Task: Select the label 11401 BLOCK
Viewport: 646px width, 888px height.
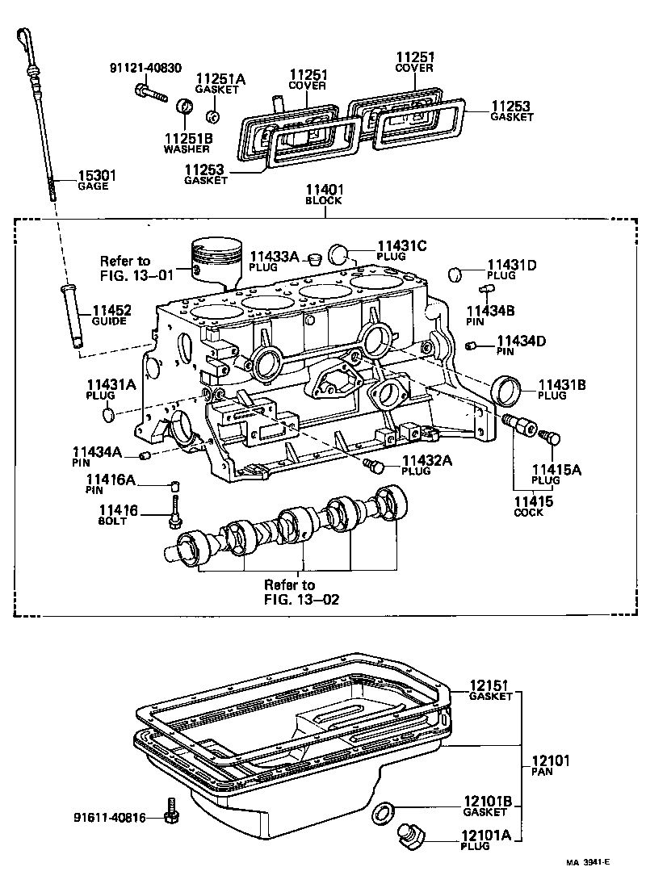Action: point(324,197)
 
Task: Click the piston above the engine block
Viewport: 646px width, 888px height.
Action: point(216,258)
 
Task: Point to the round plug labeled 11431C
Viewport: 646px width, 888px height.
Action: point(340,256)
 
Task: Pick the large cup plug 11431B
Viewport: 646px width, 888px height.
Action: point(509,392)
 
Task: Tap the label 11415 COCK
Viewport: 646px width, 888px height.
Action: point(533,506)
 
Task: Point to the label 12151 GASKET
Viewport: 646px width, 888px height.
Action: point(491,690)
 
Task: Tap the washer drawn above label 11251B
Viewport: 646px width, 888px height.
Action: point(186,106)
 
